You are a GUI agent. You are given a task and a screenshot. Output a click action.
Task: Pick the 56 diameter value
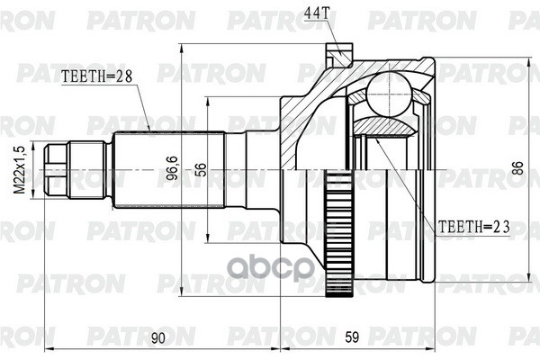coord(200,169)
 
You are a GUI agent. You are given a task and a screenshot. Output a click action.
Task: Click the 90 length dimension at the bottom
coord(159,338)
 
